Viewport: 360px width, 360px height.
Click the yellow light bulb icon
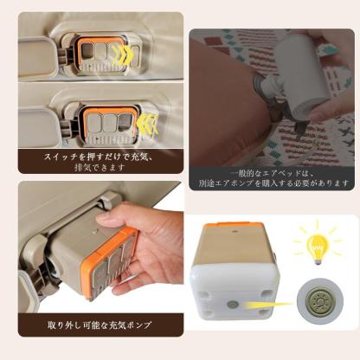pos(317,242)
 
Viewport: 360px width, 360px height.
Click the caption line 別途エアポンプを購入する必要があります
pos(274,183)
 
